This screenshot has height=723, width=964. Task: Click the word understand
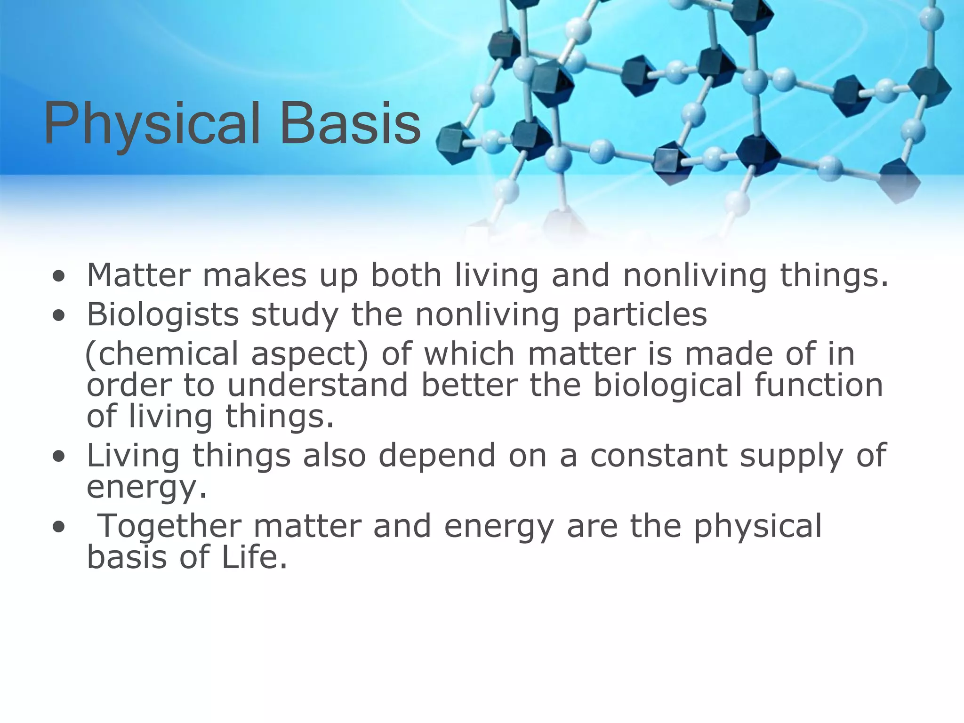click(318, 385)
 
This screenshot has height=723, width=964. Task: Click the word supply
click(791, 456)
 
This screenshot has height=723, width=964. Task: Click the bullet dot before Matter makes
click(59, 277)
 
